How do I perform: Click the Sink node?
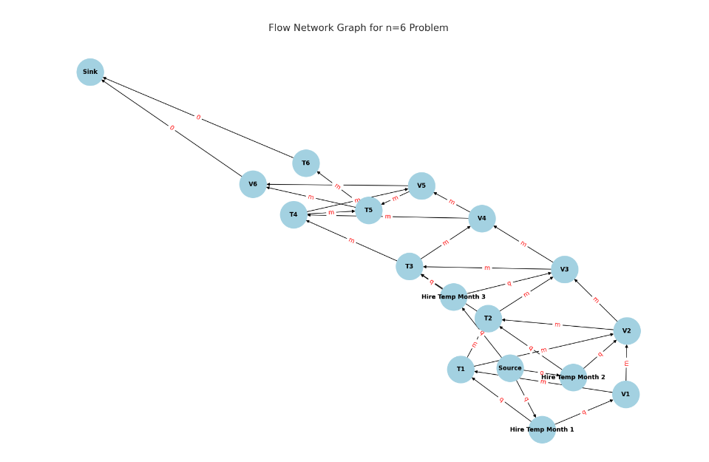click(x=90, y=72)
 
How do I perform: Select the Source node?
click(x=510, y=368)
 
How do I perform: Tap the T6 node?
click(x=306, y=163)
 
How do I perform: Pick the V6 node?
click(x=253, y=184)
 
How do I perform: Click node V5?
click(x=421, y=186)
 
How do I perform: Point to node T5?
click(x=369, y=211)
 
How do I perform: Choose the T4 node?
click(x=294, y=215)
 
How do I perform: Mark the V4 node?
click(x=482, y=219)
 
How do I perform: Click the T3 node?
click(x=409, y=266)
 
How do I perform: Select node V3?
click(x=564, y=270)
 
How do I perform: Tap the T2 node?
click(x=488, y=319)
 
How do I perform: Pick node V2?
click(x=627, y=330)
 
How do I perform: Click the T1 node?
click(x=461, y=370)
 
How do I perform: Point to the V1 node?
click(x=625, y=395)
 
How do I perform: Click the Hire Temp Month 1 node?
click(x=542, y=429)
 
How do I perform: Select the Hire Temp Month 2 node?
click(x=573, y=378)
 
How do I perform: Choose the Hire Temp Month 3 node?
click(x=453, y=297)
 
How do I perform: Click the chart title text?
click(x=358, y=28)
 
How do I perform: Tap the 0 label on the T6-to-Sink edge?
click(x=198, y=117)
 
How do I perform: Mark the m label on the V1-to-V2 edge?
click(x=626, y=363)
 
